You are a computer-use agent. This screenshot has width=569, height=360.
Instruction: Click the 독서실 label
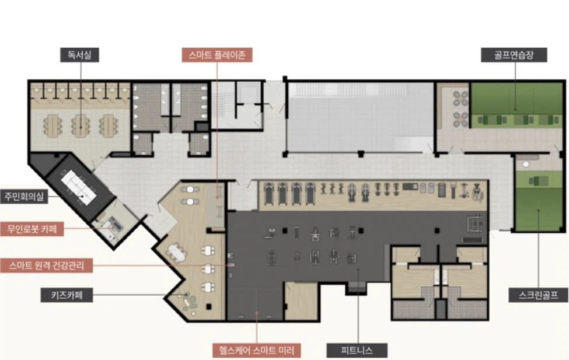click(x=79, y=55)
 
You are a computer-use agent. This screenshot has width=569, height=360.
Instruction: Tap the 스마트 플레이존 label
click(x=217, y=55)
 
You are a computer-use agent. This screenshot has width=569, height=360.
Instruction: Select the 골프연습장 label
click(x=514, y=55)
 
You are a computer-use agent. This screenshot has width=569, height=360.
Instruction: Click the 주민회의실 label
click(x=24, y=197)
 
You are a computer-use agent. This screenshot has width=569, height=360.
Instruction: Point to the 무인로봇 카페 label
click(x=32, y=229)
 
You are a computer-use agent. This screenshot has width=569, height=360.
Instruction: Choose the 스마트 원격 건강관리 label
click(x=47, y=265)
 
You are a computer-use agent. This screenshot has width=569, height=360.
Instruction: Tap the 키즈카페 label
click(x=67, y=295)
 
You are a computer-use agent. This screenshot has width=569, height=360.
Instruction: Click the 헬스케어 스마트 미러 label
click(x=257, y=351)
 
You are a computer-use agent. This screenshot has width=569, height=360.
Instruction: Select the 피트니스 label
click(x=357, y=351)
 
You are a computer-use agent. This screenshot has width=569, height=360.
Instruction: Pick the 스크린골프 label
click(x=538, y=295)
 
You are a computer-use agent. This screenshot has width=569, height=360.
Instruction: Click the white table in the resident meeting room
click(x=79, y=187)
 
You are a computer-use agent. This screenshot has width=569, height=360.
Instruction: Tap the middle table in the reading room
click(x=80, y=126)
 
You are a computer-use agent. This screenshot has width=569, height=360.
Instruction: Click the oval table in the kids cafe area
click(x=177, y=253)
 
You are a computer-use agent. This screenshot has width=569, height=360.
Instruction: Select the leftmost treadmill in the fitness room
click(x=269, y=194)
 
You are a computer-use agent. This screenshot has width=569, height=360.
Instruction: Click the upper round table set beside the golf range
click(x=460, y=98)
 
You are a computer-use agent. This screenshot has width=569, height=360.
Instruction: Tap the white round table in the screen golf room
click(x=525, y=165)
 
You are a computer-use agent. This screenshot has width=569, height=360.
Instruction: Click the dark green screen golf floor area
click(x=538, y=209)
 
